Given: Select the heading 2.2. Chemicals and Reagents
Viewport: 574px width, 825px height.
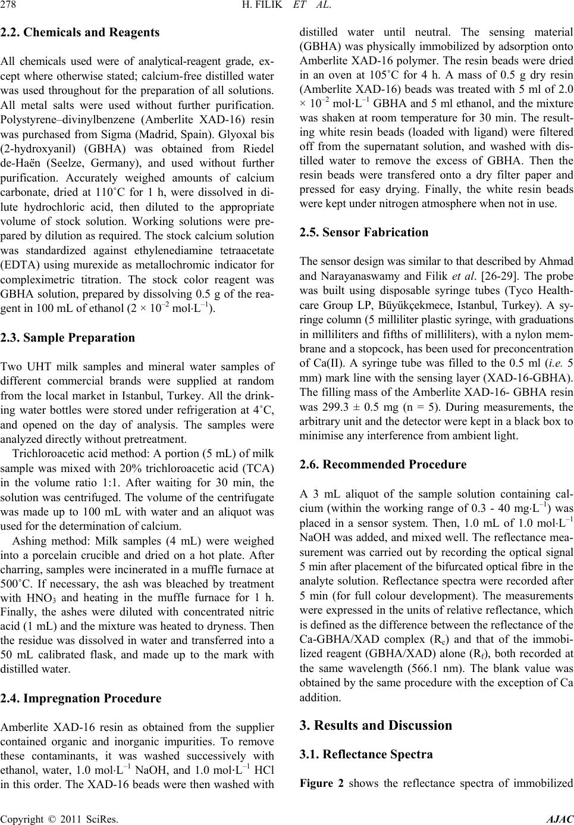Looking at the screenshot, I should (80, 33).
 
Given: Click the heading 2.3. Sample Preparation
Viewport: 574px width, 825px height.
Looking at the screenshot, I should (68, 338).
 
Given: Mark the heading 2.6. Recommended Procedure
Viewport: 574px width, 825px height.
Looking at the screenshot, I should (383, 464).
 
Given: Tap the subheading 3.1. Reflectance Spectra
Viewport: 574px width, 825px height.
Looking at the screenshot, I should (367, 754).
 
